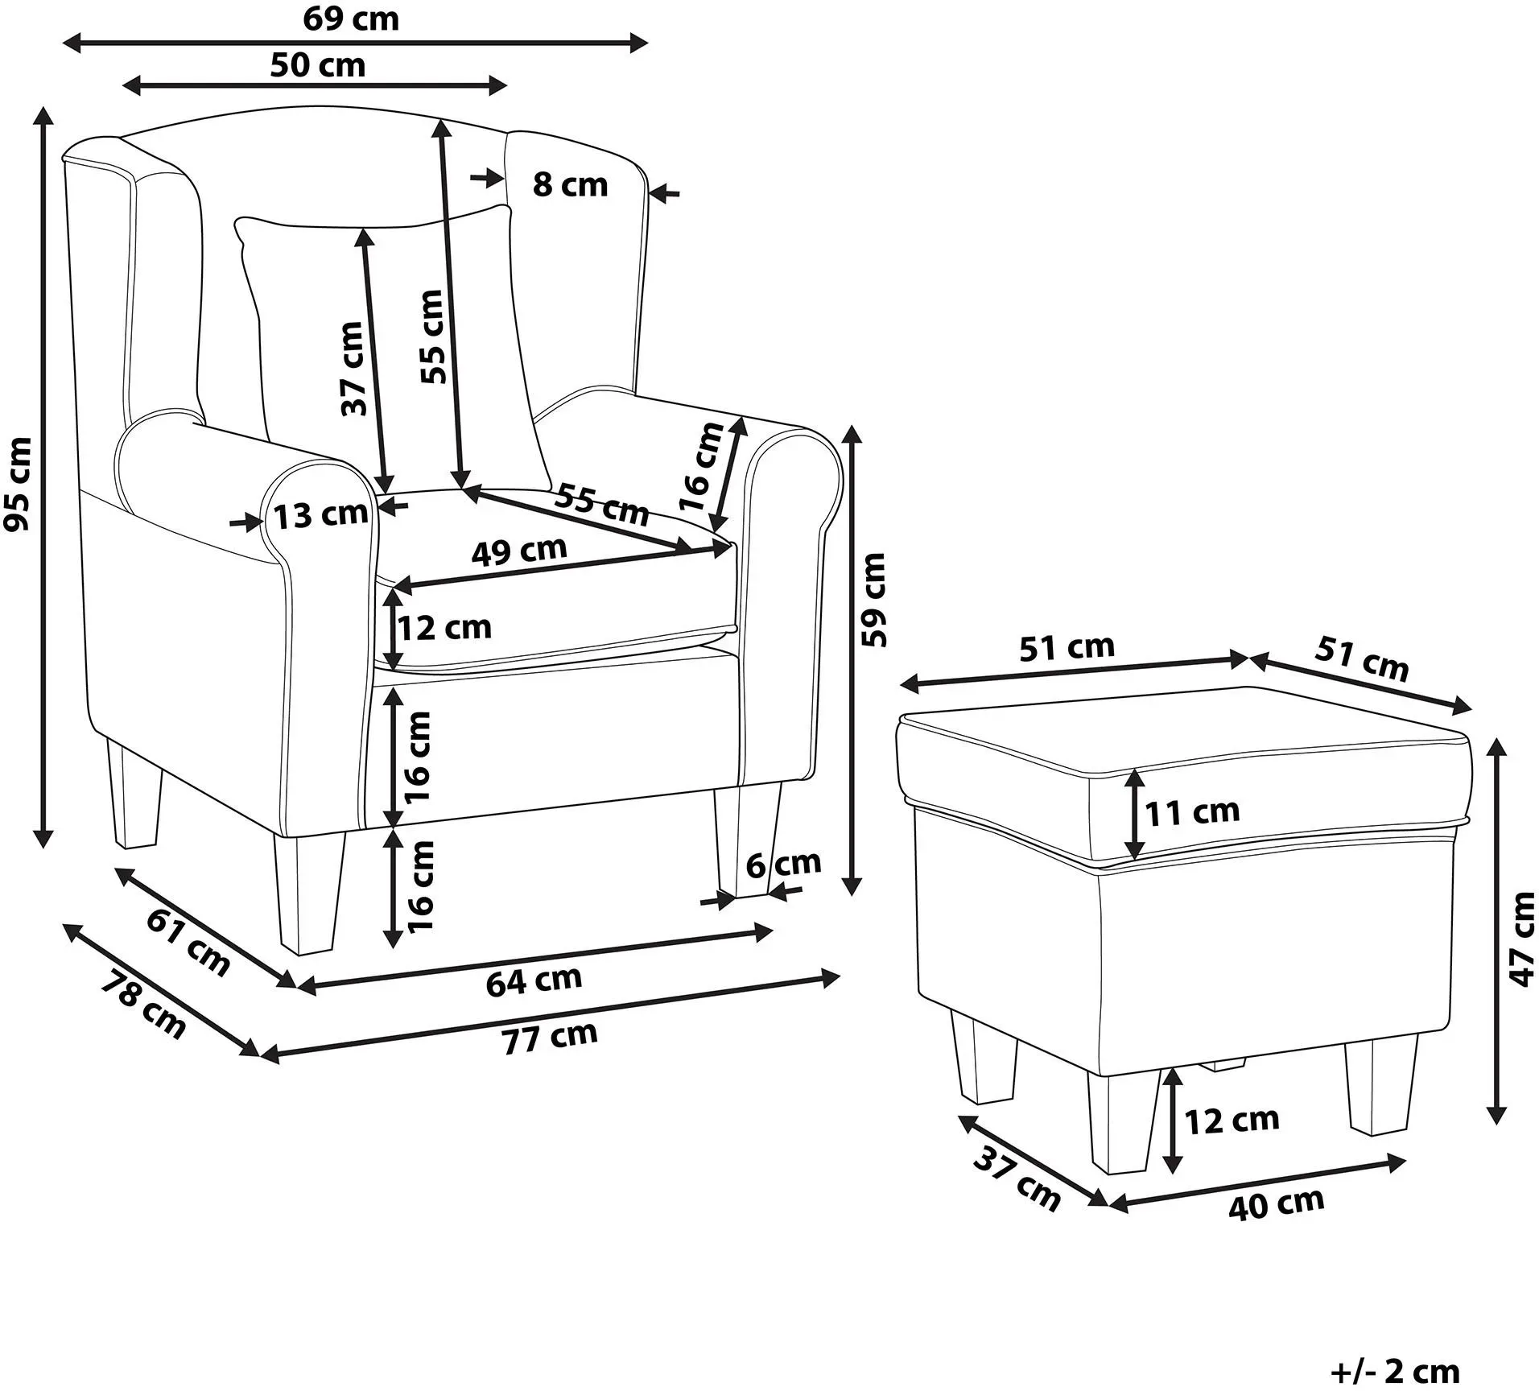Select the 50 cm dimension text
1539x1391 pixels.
point(317,64)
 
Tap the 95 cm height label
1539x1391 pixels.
point(18,483)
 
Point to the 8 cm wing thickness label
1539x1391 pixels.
point(570,184)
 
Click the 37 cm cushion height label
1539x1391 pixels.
point(353,369)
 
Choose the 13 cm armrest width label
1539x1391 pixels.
point(320,514)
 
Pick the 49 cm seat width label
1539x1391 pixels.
point(519,551)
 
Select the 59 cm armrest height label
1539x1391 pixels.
point(873,599)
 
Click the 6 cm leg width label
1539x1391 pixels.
point(782,864)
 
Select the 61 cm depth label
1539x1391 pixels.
point(188,941)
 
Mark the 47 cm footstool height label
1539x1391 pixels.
point(1521,939)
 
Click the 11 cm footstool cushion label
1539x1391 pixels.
point(1192,812)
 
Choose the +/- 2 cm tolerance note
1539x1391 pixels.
point(1395,1371)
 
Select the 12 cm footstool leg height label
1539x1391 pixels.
point(1232,1121)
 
